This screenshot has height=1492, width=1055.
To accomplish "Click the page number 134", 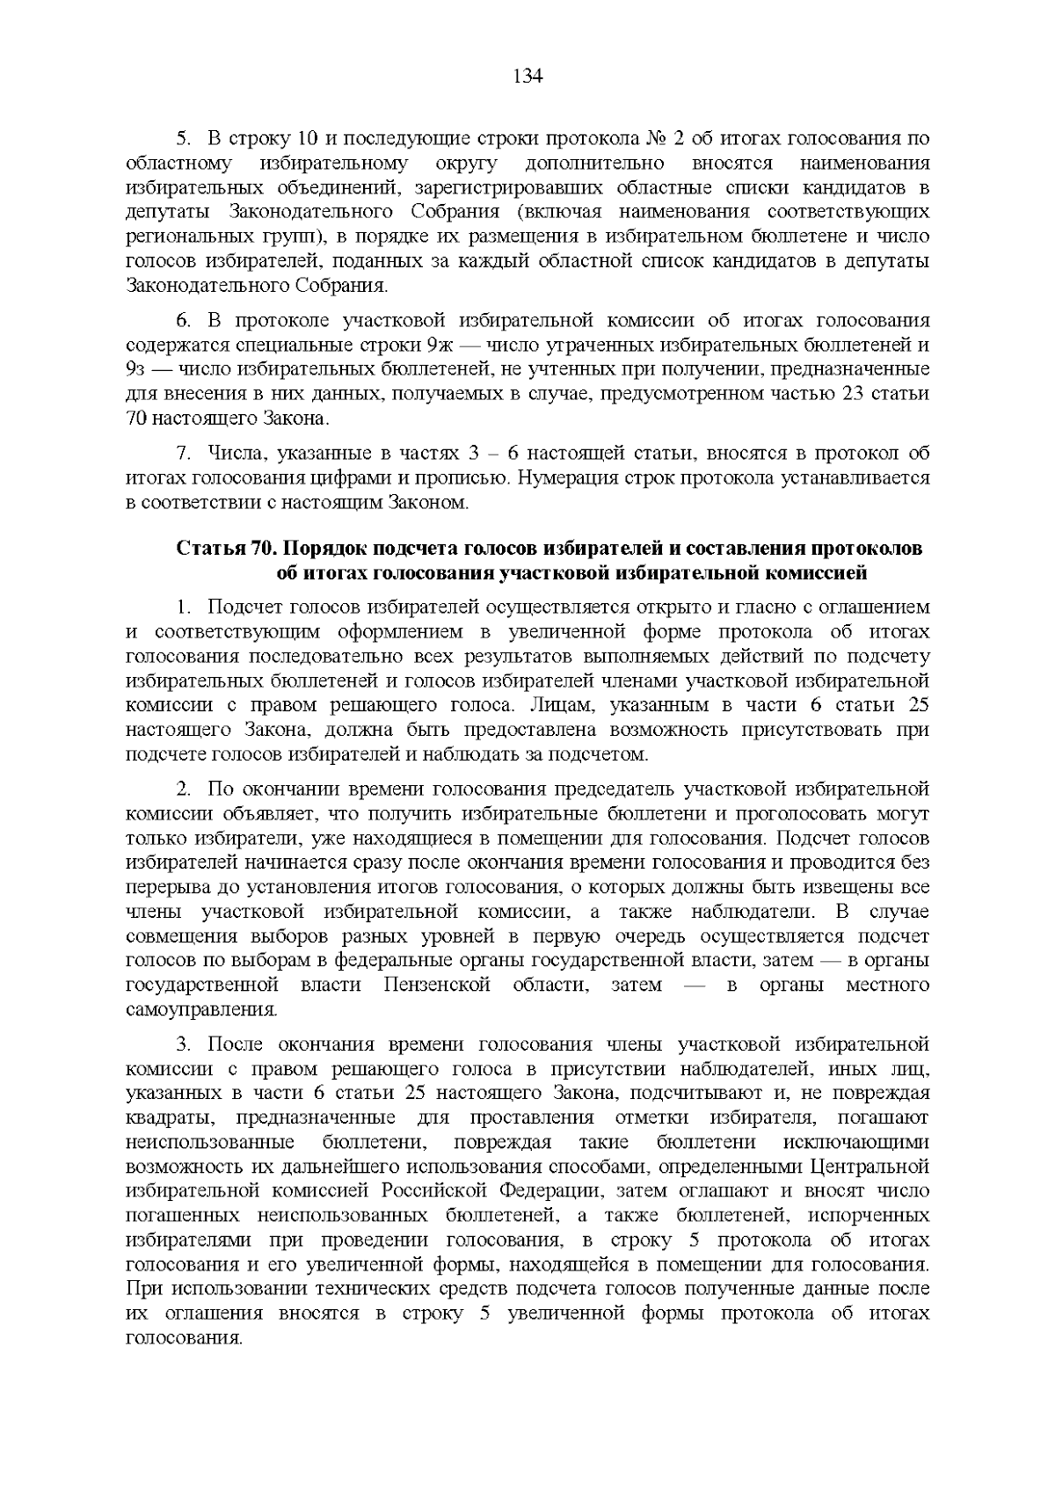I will pyautogui.click(x=527, y=76).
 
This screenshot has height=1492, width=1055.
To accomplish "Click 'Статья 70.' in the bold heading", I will pyautogui.click(x=226, y=549).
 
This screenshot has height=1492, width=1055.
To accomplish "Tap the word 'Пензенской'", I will pyautogui.click(x=436, y=985).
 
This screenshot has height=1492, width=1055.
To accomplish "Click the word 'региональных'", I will pyautogui.click(x=178, y=237).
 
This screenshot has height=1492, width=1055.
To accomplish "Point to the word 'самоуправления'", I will pyautogui.click(x=201, y=1009).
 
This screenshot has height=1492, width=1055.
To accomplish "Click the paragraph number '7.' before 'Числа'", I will pyautogui.click(x=185, y=454).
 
